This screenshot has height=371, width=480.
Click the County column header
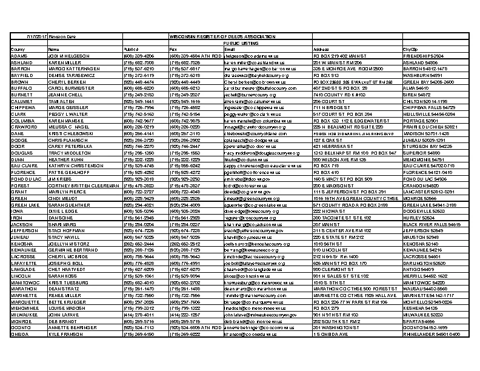[x=18, y=49]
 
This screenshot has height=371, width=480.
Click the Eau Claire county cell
[x=22, y=165]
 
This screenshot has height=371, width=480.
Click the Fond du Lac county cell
[x=24, y=179]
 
